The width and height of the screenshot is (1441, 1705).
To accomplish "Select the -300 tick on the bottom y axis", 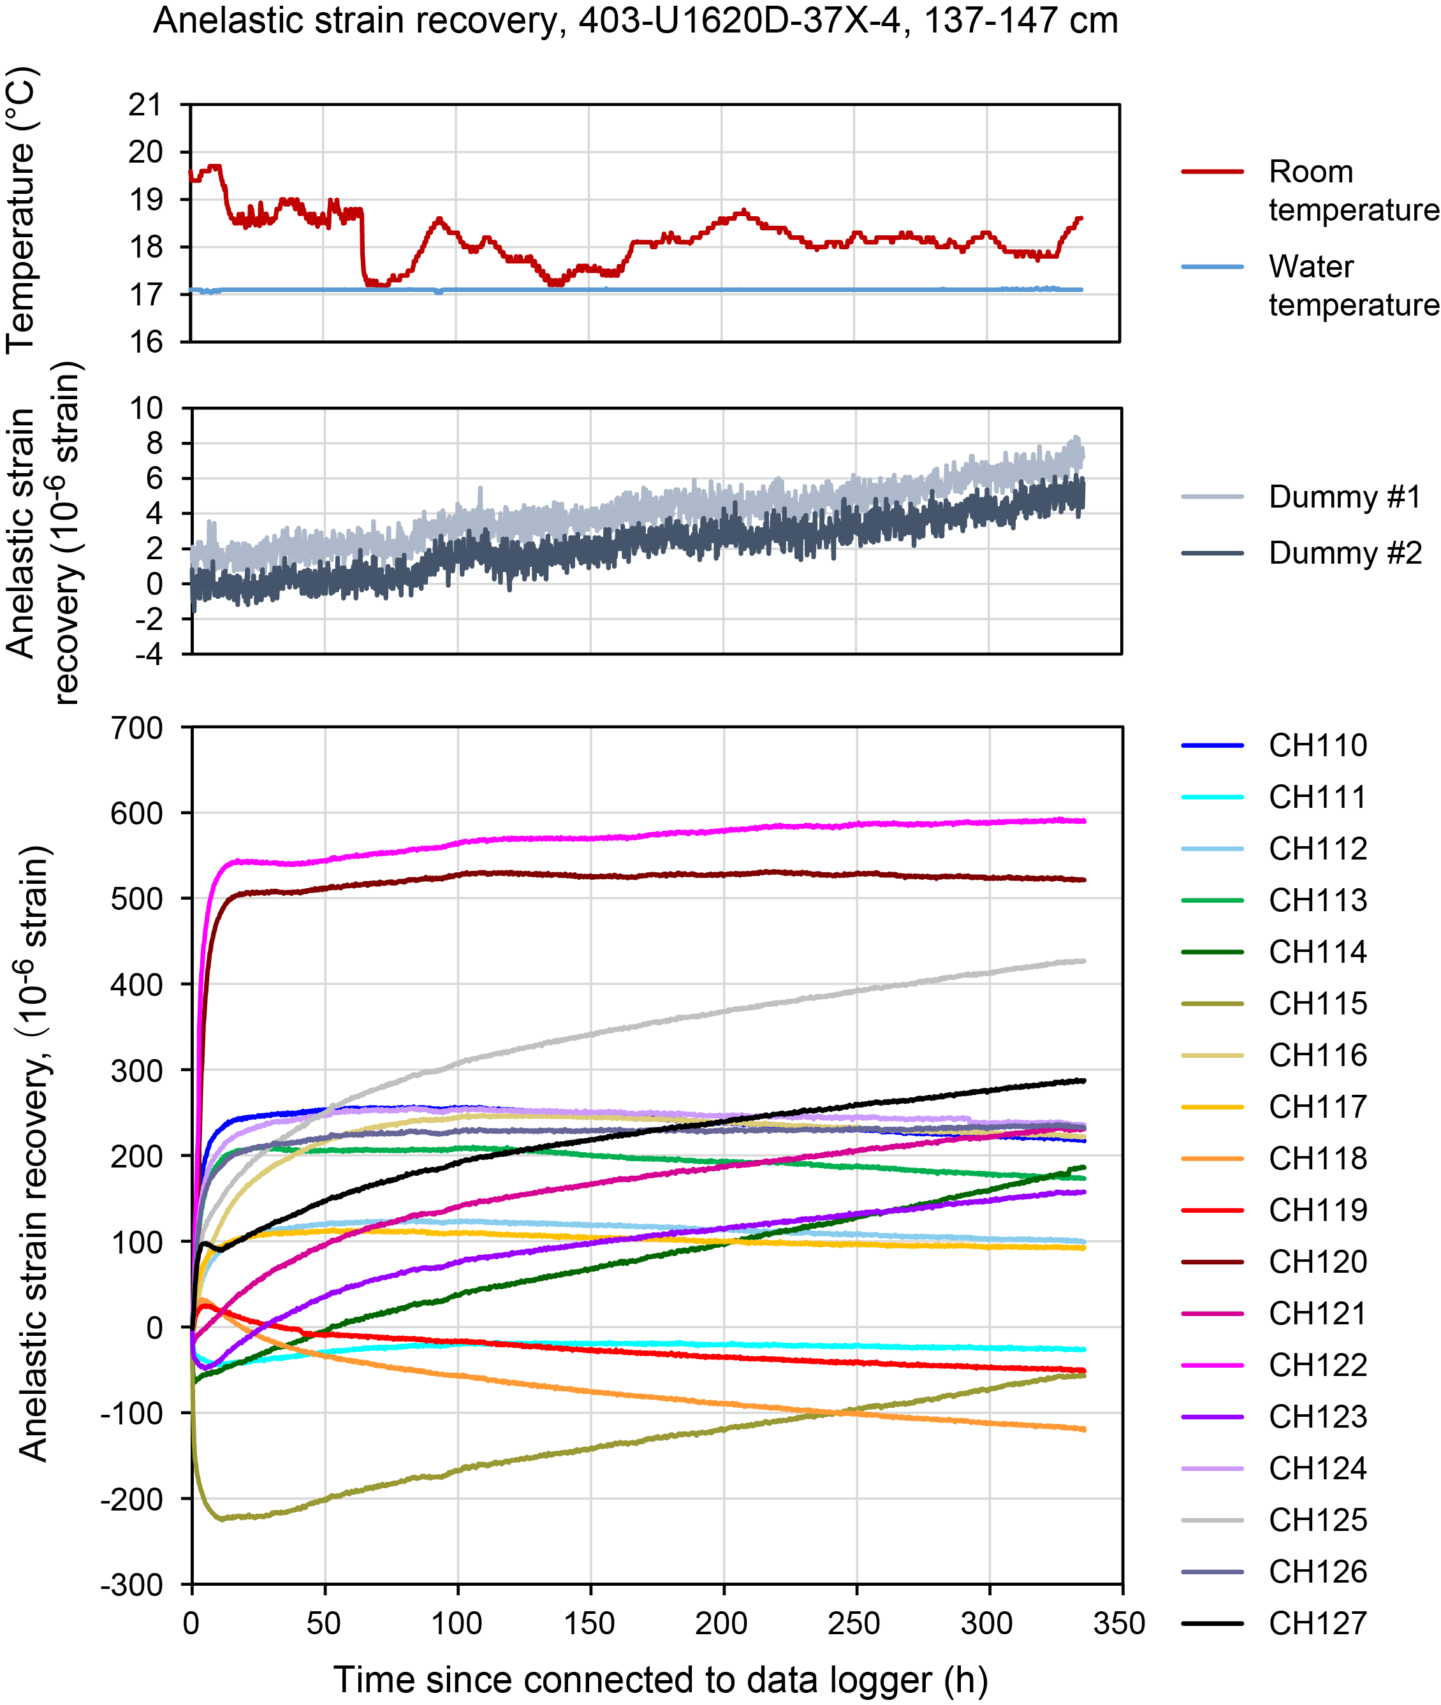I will [x=133, y=1585].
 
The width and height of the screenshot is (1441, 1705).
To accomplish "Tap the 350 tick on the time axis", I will [x=1120, y=1623].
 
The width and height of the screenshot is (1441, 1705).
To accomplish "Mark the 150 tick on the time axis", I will [x=589, y=1623].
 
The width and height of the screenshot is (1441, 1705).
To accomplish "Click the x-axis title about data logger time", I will [x=660, y=1679].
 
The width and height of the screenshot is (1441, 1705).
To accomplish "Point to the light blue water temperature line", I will [x=654, y=289].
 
